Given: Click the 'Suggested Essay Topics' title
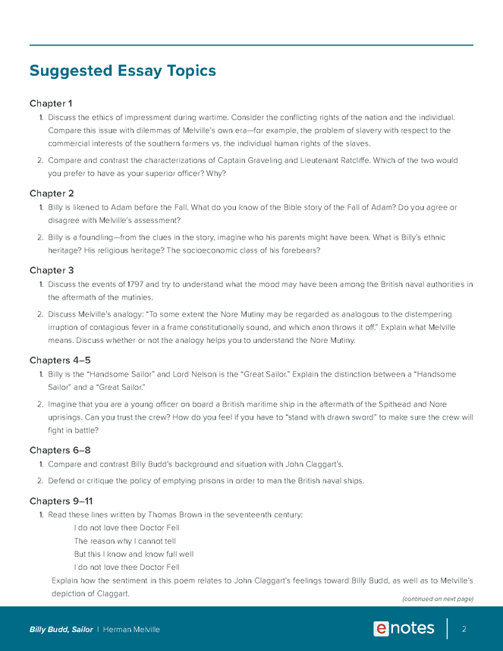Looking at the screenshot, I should [122, 71].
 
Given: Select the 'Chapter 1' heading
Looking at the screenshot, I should [51, 103].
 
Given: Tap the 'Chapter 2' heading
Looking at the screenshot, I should [52, 193].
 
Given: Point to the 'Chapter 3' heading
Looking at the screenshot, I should [52, 270].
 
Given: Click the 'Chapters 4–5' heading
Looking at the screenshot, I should [61, 360].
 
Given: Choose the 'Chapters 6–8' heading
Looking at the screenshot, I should [61, 450].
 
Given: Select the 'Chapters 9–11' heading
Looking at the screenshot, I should [63, 501].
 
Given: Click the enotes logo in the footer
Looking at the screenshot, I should [404, 629].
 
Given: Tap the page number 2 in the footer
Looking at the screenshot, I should [464, 629].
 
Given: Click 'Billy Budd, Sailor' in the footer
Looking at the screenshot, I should [61, 630].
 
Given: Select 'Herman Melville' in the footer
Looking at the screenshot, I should [131, 630].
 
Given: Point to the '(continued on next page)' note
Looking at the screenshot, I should [437, 599].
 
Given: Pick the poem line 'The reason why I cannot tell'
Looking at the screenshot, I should [124, 541].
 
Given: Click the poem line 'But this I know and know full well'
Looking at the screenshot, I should [134, 554].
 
